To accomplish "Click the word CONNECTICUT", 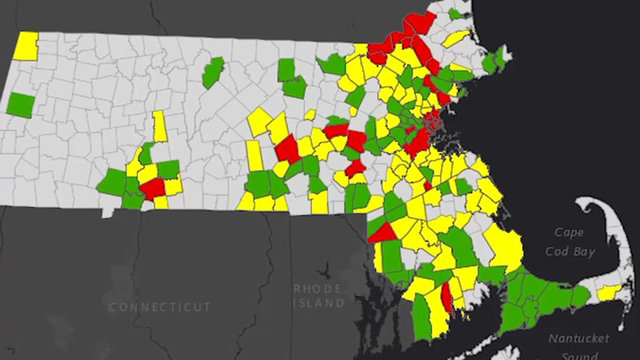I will click(x=159, y=307).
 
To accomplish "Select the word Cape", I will click(x=569, y=233).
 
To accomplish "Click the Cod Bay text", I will click(x=570, y=251).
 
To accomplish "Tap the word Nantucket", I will click(x=579, y=338).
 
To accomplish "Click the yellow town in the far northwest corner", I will click(x=26, y=46).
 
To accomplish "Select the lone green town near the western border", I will click(x=21, y=105).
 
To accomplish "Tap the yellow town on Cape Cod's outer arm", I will click(x=609, y=292).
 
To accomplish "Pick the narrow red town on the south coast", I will click(x=447, y=298).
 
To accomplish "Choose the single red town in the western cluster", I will click(x=153, y=188).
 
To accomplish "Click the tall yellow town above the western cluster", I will click(x=159, y=126).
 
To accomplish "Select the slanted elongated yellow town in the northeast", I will click(x=455, y=38).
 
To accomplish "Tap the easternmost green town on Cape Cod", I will click(x=580, y=295).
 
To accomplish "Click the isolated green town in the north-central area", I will click(x=213, y=73).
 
